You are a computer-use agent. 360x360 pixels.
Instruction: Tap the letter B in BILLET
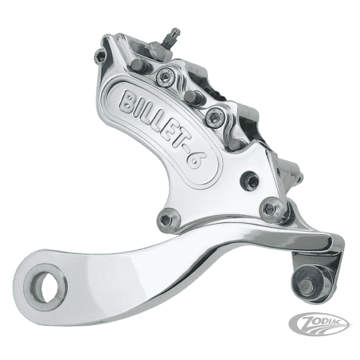(x=128, y=102)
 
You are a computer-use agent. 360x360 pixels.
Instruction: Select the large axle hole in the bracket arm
(x=45, y=287)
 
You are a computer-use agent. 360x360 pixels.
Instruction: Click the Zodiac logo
(x=319, y=323)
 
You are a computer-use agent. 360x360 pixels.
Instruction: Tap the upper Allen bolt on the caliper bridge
(x=166, y=76)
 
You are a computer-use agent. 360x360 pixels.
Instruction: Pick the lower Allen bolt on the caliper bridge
(x=215, y=117)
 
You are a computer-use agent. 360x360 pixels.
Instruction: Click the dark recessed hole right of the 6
(x=250, y=181)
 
